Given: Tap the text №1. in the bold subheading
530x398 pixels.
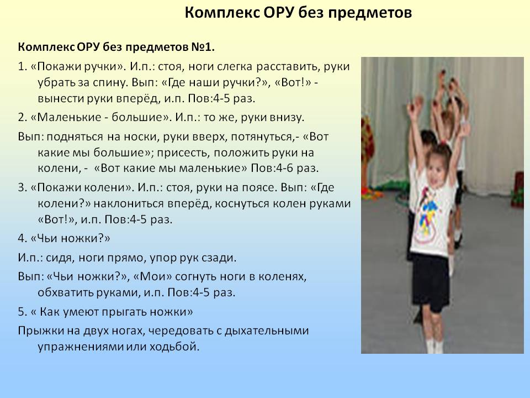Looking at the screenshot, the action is click(203, 47).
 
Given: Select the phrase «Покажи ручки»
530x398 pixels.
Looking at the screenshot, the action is click(78, 67).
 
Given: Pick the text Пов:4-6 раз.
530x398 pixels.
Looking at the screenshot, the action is click(285, 168).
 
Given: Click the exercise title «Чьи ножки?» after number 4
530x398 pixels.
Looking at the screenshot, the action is click(70, 239).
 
